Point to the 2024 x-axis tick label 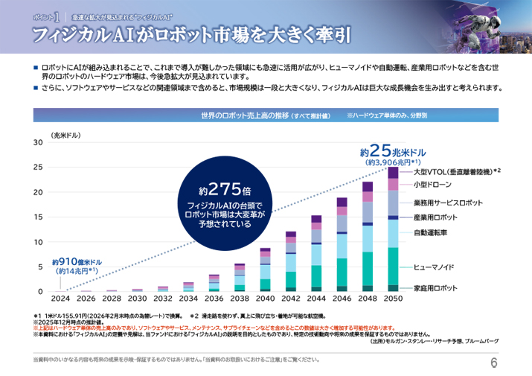61,299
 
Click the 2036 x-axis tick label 214,299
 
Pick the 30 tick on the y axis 38,142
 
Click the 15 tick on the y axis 38,217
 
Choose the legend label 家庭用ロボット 435,288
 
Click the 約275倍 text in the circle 224,188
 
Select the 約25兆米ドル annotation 392,149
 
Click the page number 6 494,362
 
